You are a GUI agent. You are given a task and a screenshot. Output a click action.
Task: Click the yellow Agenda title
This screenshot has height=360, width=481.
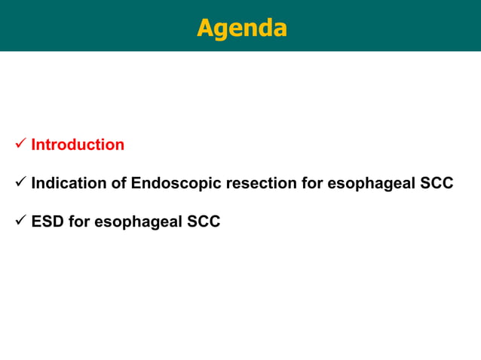click(241, 28)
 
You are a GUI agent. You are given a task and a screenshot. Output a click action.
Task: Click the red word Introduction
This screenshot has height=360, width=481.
click(78, 145)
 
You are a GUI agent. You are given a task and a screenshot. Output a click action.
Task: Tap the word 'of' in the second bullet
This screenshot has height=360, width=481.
click(118, 184)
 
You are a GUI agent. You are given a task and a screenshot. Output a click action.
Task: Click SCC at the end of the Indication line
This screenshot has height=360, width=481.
click(436, 184)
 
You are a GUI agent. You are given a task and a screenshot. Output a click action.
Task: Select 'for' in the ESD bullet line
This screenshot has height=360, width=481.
click(79, 223)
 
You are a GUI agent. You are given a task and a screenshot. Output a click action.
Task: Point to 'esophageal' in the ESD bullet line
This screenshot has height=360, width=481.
click(137, 223)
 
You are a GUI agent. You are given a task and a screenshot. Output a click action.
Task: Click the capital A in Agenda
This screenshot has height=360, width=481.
click(205, 28)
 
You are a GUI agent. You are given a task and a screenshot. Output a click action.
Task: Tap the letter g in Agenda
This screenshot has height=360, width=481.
click(222, 30)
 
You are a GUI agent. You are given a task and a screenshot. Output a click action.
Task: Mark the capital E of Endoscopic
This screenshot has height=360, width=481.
click(136, 184)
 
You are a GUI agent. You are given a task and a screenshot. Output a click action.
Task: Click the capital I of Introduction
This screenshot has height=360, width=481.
click(34, 145)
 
